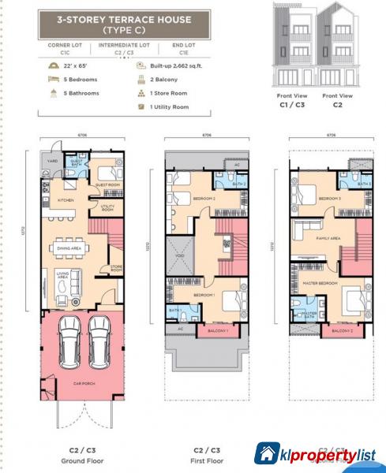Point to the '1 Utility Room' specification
click(167, 106)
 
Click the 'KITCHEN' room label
click(66, 199)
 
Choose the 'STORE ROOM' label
click(116, 268)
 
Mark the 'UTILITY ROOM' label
click(108, 208)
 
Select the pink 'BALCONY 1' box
click(218, 331)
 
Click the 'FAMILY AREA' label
click(328, 237)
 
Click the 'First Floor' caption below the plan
click(205, 460)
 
